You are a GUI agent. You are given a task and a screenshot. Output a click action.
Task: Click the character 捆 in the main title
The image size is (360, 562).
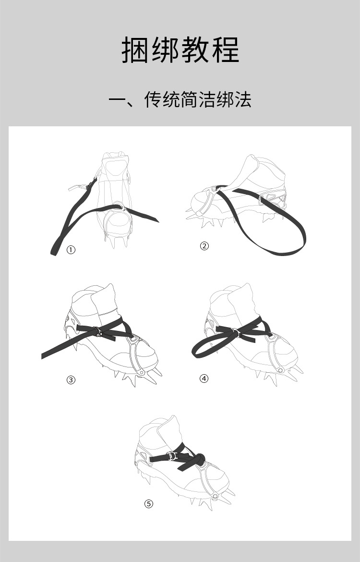tap(135, 50)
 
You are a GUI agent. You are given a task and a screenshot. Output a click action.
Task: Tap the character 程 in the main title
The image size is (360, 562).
tap(226, 50)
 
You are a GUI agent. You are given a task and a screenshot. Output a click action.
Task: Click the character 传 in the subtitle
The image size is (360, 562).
tap(153, 99)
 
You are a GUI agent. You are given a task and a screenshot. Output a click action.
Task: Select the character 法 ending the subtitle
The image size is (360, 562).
tap(242, 99)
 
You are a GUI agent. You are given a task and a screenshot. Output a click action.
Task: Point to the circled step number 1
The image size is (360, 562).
tap(71, 250)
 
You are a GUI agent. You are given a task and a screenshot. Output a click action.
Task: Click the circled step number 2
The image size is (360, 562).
tap(204, 246)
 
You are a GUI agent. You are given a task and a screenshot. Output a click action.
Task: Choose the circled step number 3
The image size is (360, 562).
tap(71, 379)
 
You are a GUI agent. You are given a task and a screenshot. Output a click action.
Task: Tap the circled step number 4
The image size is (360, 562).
tap(204, 378)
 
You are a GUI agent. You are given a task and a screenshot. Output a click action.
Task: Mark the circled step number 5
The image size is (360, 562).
tap(149, 503)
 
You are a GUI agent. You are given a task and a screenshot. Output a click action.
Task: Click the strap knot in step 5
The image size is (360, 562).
tap(199, 458)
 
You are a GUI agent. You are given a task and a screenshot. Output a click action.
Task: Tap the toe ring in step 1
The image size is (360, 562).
tap(118, 206)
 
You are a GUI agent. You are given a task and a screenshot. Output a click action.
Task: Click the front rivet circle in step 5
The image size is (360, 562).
tap(215, 496)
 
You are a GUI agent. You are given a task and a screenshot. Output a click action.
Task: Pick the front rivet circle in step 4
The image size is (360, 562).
tap(280, 370)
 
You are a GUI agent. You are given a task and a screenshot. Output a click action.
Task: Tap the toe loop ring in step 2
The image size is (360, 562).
tap(214, 189)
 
